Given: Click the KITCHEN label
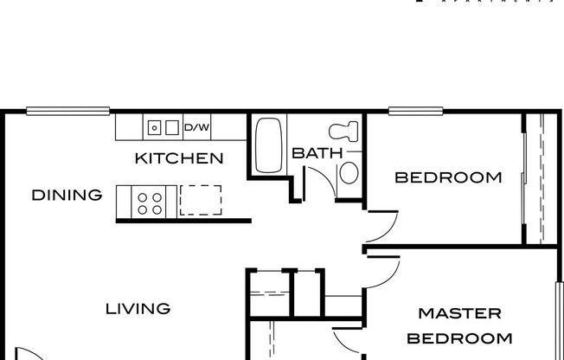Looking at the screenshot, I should point(179,158).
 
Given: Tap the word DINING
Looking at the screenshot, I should point(67,195).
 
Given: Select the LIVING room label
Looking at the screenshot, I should point(138,308).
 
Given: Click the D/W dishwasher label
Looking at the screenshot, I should point(196,128).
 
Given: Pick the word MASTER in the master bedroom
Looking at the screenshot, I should point(459,312).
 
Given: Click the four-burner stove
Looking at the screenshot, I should point(151,201).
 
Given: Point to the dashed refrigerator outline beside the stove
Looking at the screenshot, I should point(200,200).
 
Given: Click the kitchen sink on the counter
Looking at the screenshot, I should point(163,128).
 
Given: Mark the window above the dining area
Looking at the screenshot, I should point(67,111).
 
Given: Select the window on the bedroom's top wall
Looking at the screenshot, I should point(416,111).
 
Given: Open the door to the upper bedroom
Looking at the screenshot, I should point(381,227).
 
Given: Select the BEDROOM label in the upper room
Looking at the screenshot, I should point(447,177).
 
